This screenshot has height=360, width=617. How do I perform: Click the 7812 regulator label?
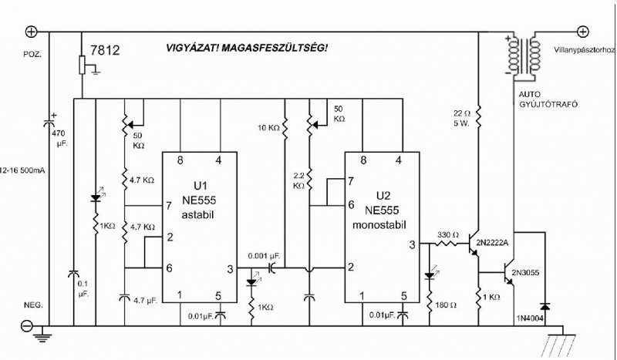tap(104, 52)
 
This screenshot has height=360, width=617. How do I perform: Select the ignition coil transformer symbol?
tap(522, 57)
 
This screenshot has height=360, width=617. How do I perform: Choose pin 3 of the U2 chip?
tap(412, 244)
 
